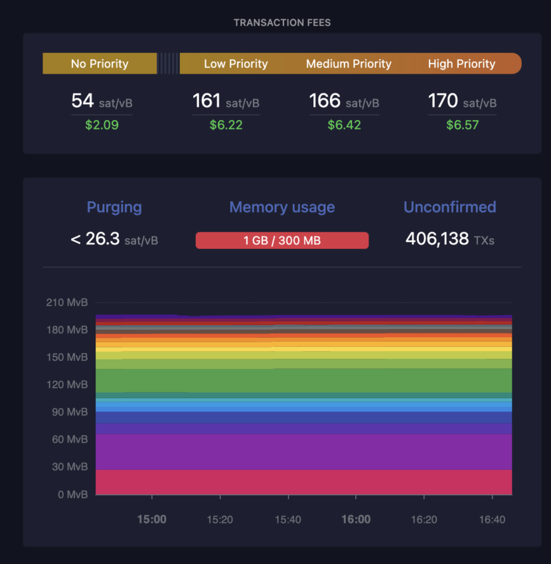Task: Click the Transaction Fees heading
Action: point(282,23)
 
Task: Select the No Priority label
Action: point(100,64)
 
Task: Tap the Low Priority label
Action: point(236,64)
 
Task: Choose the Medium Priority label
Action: point(349,64)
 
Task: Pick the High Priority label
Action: point(461,64)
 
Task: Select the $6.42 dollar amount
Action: point(344,125)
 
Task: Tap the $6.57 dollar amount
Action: point(462,125)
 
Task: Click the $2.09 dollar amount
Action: point(102,125)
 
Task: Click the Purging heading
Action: point(114,207)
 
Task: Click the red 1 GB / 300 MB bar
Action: point(282,240)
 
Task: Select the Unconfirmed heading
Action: point(449,207)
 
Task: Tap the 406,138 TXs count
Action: point(449,239)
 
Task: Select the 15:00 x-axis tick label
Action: point(152,520)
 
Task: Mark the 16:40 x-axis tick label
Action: point(492,520)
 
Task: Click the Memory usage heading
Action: point(282,207)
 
